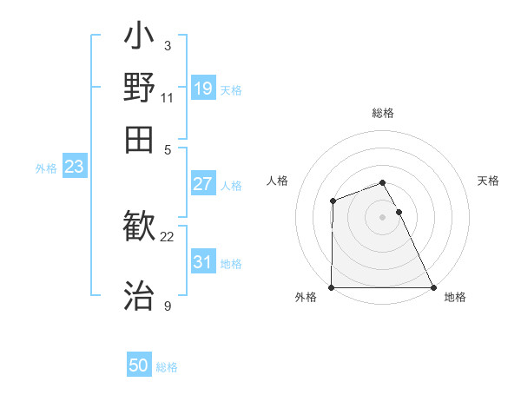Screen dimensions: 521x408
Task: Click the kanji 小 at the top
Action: tap(139, 39)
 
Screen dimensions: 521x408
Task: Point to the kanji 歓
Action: tap(139, 228)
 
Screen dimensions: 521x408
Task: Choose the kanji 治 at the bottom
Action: tap(139, 293)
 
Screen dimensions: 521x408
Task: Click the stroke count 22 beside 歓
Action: tap(168, 236)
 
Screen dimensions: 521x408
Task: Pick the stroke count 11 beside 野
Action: tap(168, 96)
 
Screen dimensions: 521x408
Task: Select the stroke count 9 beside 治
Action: tap(168, 306)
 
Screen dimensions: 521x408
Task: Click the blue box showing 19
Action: tap(203, 89)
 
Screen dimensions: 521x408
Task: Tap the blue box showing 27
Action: tap(203, 184)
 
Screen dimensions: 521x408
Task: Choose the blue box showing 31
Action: tap(203, 262)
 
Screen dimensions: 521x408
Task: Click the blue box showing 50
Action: tap(139, 365)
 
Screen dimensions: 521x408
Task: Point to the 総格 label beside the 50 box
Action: tap(167, 367)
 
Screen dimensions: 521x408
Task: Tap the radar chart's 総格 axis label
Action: tap(382, 114)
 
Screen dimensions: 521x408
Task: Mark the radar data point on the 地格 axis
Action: tap(433, 287)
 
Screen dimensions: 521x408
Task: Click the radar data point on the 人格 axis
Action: tap(333, 201)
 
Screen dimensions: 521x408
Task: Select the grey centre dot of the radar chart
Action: tap(382, 217)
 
